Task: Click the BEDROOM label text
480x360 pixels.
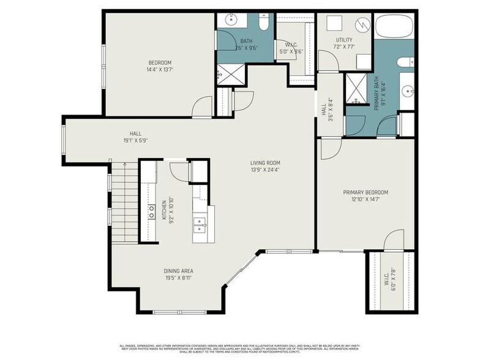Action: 160,62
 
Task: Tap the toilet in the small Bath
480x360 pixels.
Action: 264,23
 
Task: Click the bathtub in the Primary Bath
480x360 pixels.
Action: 394,27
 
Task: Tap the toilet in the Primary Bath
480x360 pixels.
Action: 405,61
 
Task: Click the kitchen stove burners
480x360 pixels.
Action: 151,211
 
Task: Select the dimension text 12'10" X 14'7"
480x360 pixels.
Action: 364,200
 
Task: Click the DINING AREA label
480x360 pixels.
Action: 178,271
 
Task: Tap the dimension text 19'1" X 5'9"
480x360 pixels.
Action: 135,140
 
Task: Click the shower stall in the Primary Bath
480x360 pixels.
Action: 355,89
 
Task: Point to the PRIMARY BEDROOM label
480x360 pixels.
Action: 364,192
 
